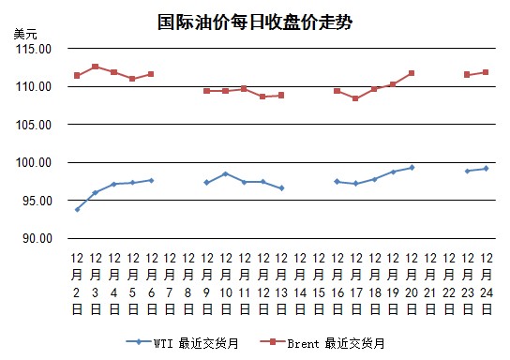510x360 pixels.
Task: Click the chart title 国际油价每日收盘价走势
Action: coord(255,22)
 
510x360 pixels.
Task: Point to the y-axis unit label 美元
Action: coord(25,34)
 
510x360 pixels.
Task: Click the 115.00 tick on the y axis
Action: coord(34,49)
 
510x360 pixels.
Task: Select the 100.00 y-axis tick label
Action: coord(34,162)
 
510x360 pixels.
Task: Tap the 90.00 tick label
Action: coord(37,238)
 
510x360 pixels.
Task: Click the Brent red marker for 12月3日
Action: coord(96,67)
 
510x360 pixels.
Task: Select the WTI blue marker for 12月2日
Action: coord(77,209)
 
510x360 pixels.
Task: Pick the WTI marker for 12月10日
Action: coord(225,174)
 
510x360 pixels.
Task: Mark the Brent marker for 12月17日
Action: coord(355,98)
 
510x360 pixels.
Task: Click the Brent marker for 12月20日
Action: coord(412,73)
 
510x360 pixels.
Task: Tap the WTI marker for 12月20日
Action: coord(412,168)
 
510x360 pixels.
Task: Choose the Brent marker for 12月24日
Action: coord(486,72)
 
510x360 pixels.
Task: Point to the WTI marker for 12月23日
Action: coord(468,171)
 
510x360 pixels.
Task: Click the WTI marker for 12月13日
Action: coord(281,187)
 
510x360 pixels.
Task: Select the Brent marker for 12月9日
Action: coord(206,91)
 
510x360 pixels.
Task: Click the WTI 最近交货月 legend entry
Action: coord(183,343)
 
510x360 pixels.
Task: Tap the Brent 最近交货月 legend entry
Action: coord(322,343)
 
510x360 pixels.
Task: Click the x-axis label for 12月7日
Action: coord(170,283)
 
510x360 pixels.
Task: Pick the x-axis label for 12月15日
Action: coord(319,283)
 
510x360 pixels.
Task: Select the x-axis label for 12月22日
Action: coord(449,283)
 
